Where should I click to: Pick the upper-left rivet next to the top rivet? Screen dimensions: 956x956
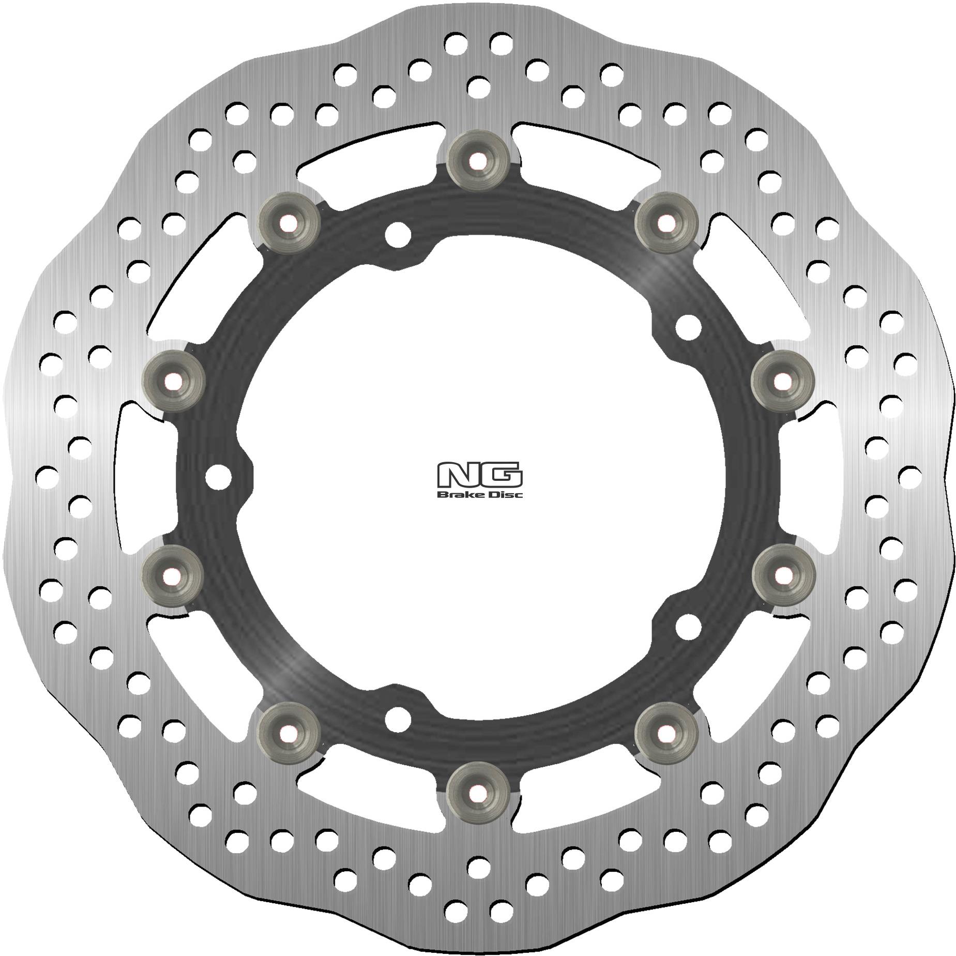point(289,223)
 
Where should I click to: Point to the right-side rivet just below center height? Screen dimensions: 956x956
point(783,574)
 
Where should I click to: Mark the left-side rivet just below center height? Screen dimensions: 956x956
point(173,574)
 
